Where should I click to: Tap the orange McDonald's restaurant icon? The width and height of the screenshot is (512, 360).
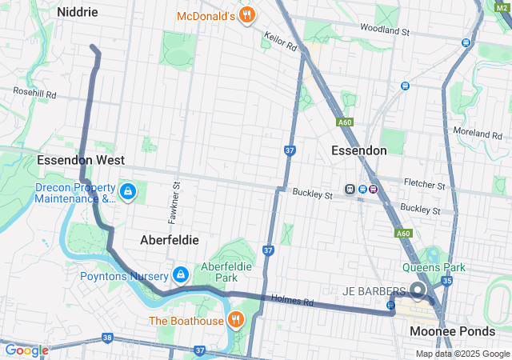(x=247, y=14)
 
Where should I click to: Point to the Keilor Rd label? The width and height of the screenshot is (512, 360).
(x=281, y=42)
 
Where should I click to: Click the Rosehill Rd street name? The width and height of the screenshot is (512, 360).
(x=34, y=94)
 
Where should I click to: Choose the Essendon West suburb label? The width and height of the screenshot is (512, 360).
(x=80, y=160)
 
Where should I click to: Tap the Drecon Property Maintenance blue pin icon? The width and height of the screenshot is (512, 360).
(x=128, y=192)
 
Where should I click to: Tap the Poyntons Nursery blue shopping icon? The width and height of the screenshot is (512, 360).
(x=181, y=276)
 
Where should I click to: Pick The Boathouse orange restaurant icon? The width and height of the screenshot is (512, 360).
(x=235, y=321)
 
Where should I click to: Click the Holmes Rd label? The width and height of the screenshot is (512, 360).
(x=292, y=302)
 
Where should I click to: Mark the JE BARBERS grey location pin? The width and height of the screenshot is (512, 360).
(x=417, y=290)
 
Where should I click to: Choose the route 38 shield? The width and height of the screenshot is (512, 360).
(x=107, y=338)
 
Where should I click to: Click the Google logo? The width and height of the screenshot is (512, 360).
(x=26, y=350)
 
